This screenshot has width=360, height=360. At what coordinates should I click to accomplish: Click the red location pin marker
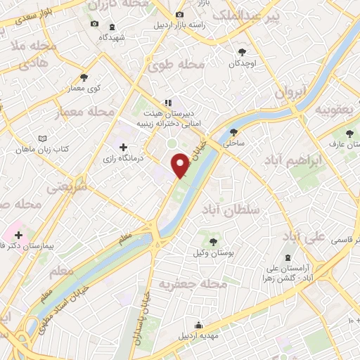click(182, 165)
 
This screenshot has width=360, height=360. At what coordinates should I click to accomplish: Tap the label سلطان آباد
click(235, 210)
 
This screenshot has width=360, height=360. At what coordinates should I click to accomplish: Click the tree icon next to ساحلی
click(233, 132)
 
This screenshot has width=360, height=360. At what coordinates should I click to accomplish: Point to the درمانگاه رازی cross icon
click(124, 148)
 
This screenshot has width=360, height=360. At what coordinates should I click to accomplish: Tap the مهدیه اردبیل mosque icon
click(200, 325)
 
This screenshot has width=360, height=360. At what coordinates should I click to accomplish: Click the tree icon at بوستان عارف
click(349, 134)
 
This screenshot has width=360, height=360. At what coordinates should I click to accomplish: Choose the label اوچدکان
click(241, 64)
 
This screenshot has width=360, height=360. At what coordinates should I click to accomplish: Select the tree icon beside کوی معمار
click(84, 77)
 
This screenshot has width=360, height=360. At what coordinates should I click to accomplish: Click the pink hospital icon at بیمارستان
click(16, 235)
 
